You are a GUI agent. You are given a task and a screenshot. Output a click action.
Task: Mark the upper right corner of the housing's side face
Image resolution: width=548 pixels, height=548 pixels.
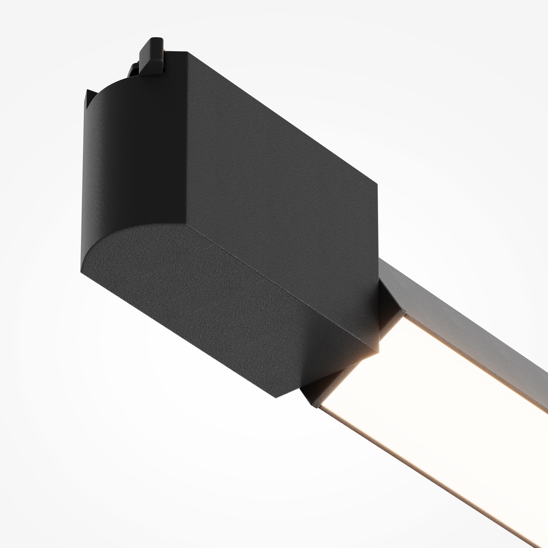[377, 184]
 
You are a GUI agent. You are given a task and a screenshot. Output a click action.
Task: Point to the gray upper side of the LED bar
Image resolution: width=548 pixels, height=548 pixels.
[468, 321]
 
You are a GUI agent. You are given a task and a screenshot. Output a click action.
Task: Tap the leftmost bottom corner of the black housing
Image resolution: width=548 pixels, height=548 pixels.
[81, 272]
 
